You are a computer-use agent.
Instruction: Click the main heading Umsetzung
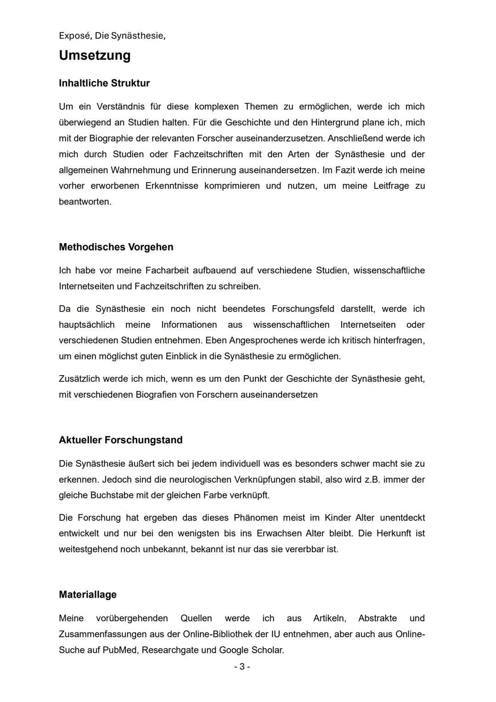(x=95, y=55)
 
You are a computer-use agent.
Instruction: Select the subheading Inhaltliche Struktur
(x=104, y=83)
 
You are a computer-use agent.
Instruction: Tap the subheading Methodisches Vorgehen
(x=116, y=247)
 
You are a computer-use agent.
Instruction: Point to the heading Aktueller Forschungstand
(x=121, y=440)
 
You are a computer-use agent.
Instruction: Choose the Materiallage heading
(x=88, y=594)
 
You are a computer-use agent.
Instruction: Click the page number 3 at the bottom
(x=242, y=666)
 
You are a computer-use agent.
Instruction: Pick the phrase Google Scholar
(x=251, y=650)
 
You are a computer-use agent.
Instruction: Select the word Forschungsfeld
(x=303, y=309)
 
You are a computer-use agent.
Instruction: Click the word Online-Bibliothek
(x=218, y=634)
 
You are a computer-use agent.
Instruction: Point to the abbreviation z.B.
(x=372, y=479)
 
